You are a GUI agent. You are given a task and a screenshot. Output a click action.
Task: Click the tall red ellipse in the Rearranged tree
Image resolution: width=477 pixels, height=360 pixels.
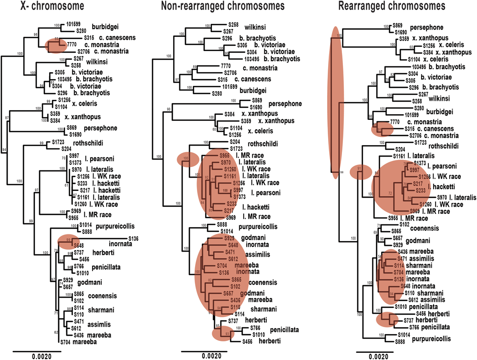335,103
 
